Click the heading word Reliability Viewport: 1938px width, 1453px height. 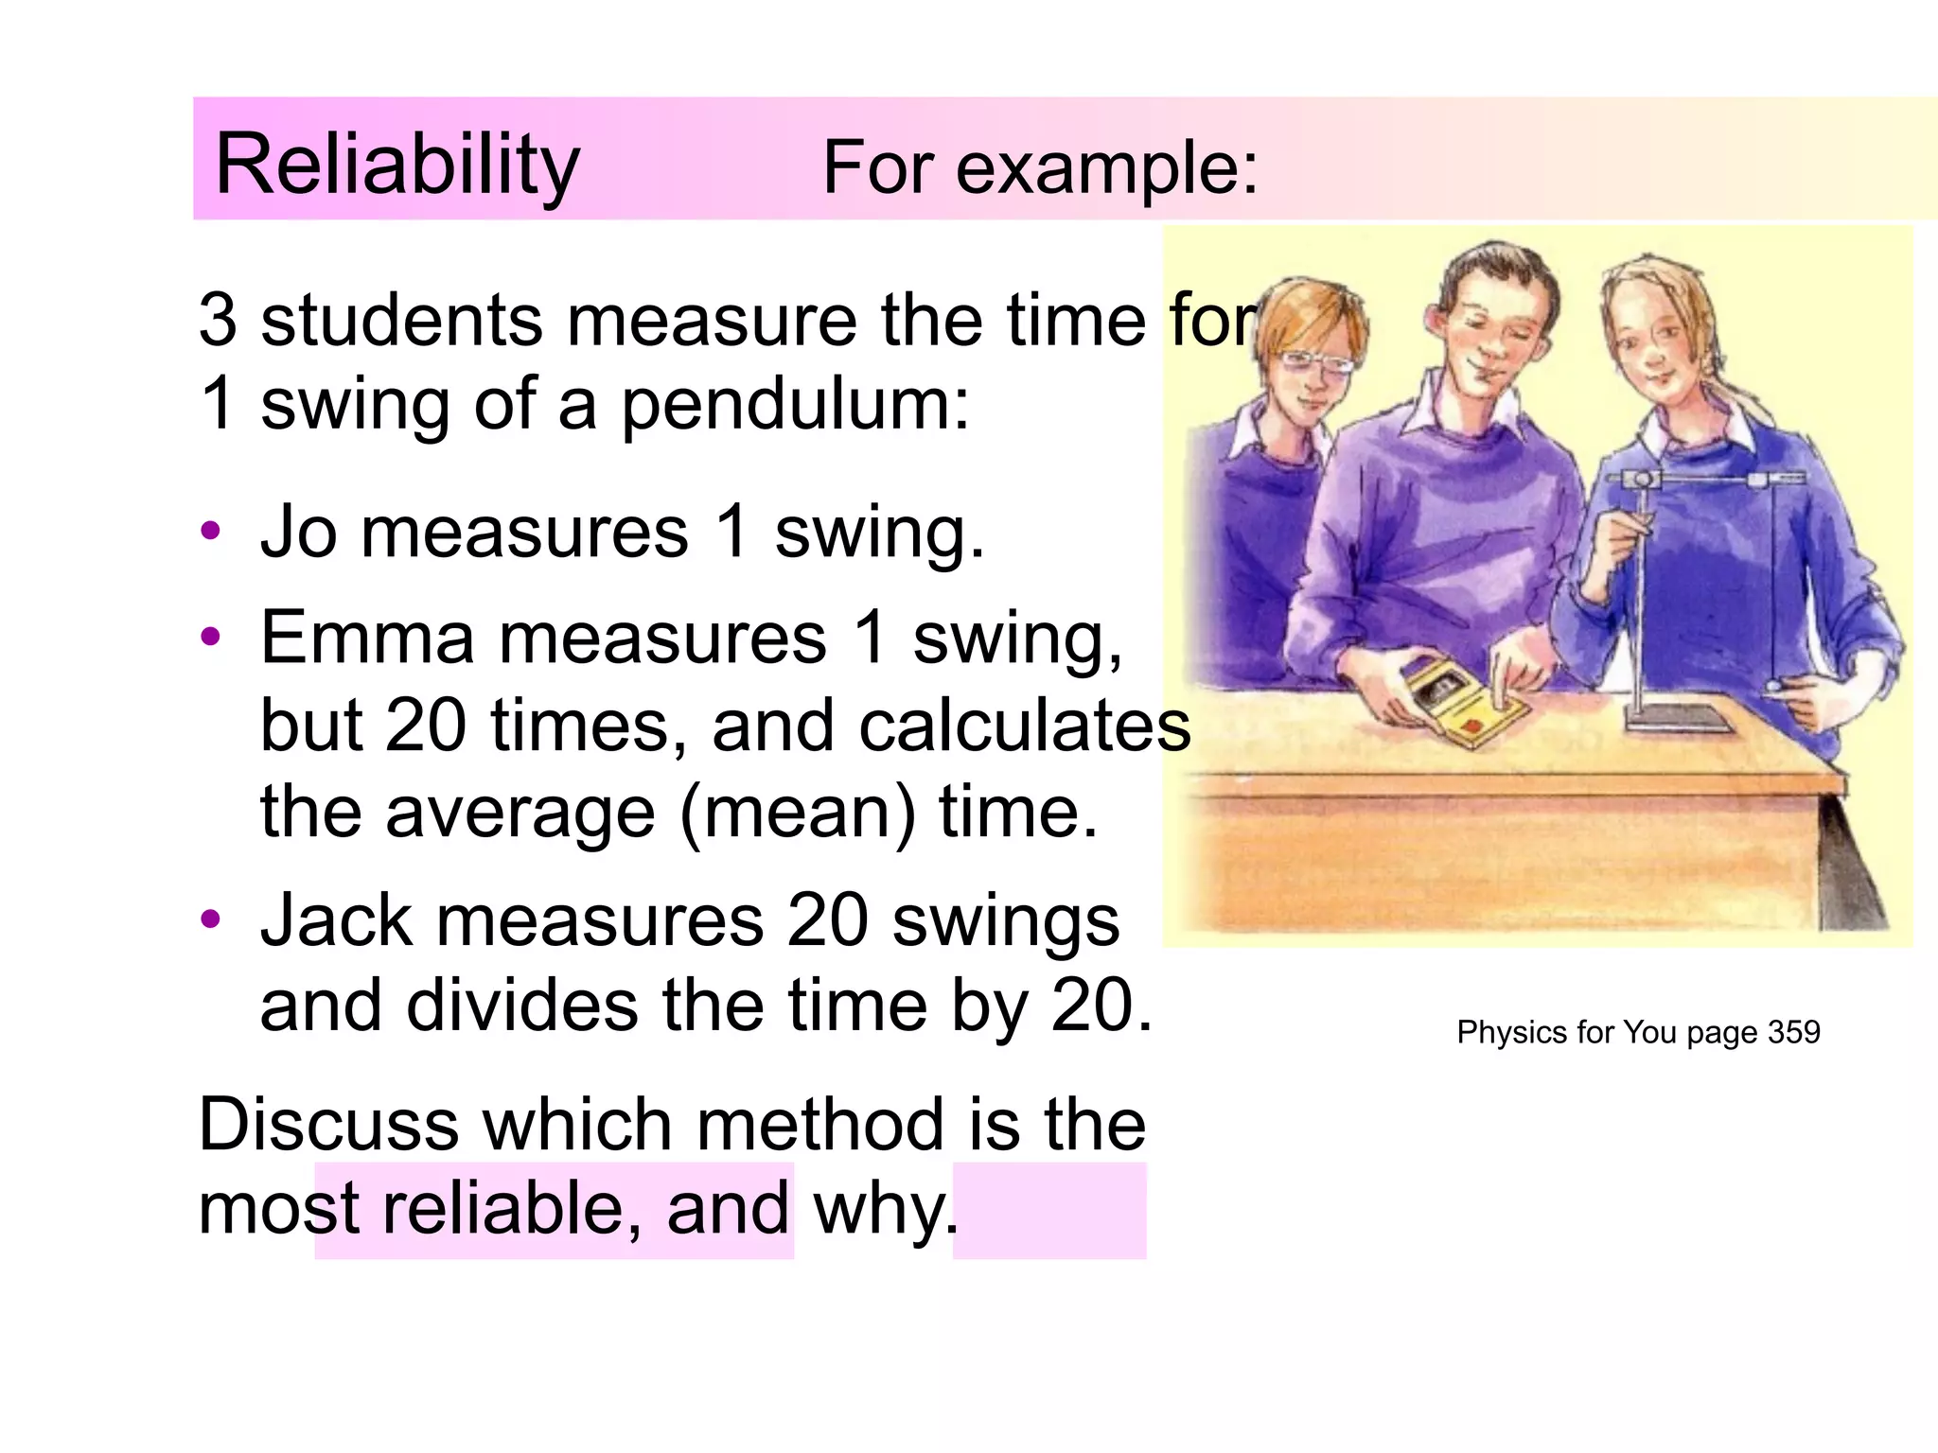click(397, 165)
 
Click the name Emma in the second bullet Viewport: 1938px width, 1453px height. click(366, 638)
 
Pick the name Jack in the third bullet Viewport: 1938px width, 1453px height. click(336, 919)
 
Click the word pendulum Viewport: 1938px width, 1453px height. click(794, 405)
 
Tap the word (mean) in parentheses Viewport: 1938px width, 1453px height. click(797, 814)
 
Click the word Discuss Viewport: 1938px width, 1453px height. click(328, 1125)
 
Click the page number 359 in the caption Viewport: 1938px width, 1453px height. click(1793, 1032)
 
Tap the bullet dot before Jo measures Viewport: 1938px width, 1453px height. click(210, 531)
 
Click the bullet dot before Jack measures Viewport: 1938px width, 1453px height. click(210, 919)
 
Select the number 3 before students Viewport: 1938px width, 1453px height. click(217, 320)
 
